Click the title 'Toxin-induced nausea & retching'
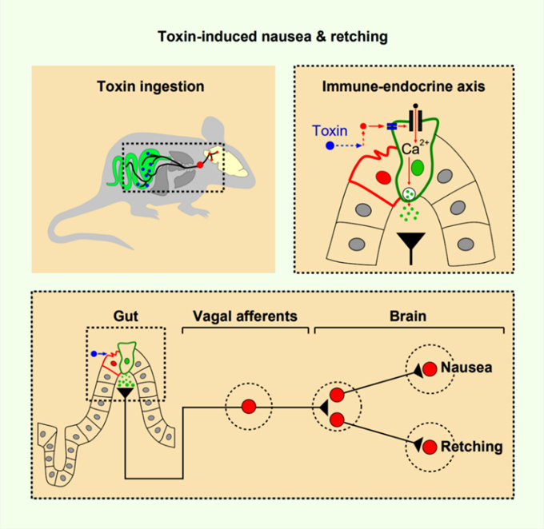pyautogui.click(x=271, y=35)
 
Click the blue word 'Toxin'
pyautogui.click(x=331, y=129)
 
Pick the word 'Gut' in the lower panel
pyautogui.click(x=125, y=316)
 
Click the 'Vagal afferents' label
pyautogui.click(x=246, y=316)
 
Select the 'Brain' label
pyautogui.click(x=409, y=316)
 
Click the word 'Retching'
pyautogui.click(x=472, y=446)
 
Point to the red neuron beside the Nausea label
pyautogui.click(x=429, y=370)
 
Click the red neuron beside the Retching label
pyautogui.click(x=429, y=446)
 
